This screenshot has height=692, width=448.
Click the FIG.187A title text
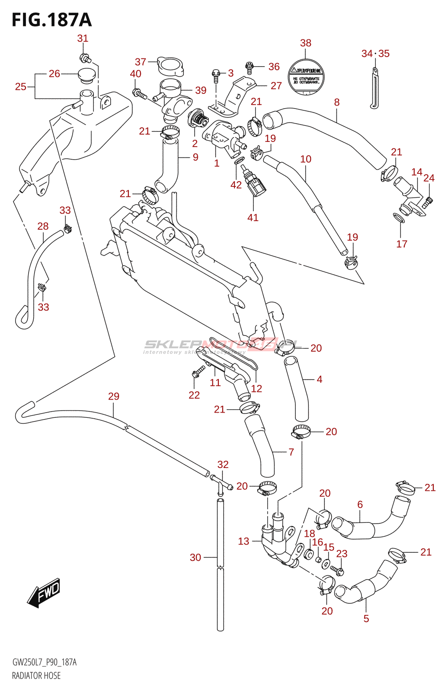pyautogui.click(x=52, y=20)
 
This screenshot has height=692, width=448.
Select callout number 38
pyautogui.click(x=305, y=43)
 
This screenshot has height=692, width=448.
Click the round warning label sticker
pyautogui.click(x=305, y=77)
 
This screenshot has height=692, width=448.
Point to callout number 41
pyautogui.click(x=253, y=218)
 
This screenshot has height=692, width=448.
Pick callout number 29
pyautogui.click(x=113, y=396)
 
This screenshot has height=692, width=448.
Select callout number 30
pyautogui.click(x=195, y=557)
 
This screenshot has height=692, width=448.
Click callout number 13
pyautogui.click(x=243, y=541)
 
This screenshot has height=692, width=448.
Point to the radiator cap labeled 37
pyautogui.click(x=170, y=66)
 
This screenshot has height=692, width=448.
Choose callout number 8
pyautogui.click(x=336, y=102)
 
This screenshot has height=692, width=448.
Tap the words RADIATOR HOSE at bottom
pyautogui.click(x=36, y=676)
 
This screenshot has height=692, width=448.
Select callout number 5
pyautogui.click(x=366, y=618)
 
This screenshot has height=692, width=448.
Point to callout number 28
pyautogui.click(x=43, y=226)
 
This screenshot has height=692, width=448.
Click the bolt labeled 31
pyautogui.click(x=84, y=58)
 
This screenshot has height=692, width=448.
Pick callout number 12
pyautogui.click(x=256, y=388)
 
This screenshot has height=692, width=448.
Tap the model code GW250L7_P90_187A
pyautogui.click(x=44, y=662)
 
